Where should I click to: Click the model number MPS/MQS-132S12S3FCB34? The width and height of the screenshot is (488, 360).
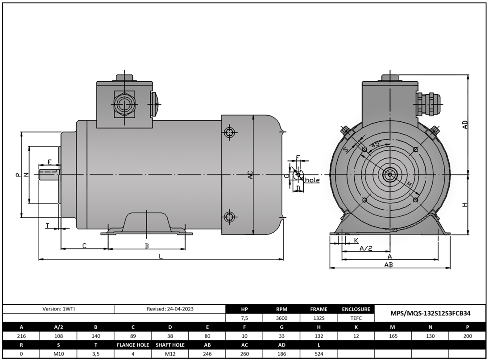click(430, 313)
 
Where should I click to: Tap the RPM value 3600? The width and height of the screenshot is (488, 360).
click(281, 318)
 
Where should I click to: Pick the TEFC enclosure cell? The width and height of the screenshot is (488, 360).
click(356, 318)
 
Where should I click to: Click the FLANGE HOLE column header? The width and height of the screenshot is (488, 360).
click(133, 345)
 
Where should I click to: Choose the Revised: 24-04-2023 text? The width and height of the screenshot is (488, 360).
click(170, 309)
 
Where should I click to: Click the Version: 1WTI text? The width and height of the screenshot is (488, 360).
click(58, 309)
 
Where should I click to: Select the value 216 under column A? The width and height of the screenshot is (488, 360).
click(21, 336)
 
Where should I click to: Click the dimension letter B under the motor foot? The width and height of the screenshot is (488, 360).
click(147, 246)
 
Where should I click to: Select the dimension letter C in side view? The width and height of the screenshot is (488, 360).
click(84, 246)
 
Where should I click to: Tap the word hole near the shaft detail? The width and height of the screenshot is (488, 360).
click(312, 180)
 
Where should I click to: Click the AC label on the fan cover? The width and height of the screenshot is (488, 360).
click(251, 175)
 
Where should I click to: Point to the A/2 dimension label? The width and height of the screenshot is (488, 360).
click(365, 248)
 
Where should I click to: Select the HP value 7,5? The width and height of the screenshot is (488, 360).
click(244, 318)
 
